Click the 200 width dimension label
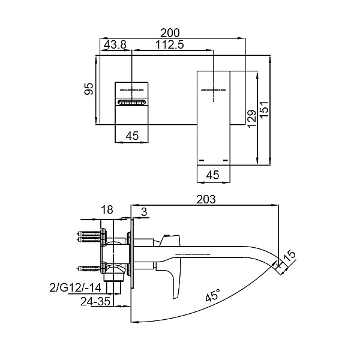point(170,33)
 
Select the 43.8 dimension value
point(115,44)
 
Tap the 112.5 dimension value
point(169,44)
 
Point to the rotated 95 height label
point(89,89)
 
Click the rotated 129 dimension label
point(252,118)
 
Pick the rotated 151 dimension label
point(265,110)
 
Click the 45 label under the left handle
point(133,136)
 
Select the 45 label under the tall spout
point(213,175)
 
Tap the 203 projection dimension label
point(206,199)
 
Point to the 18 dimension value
point(107,209)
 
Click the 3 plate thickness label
point(144,212)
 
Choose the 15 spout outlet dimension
point(290,256)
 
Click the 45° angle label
point(213,295)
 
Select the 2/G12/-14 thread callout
point(76,287)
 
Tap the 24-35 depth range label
point(95,301)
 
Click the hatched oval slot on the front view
point(131,102)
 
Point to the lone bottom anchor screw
point(89,268)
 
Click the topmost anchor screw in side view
point(89,234)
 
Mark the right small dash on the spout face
point(226,160)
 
